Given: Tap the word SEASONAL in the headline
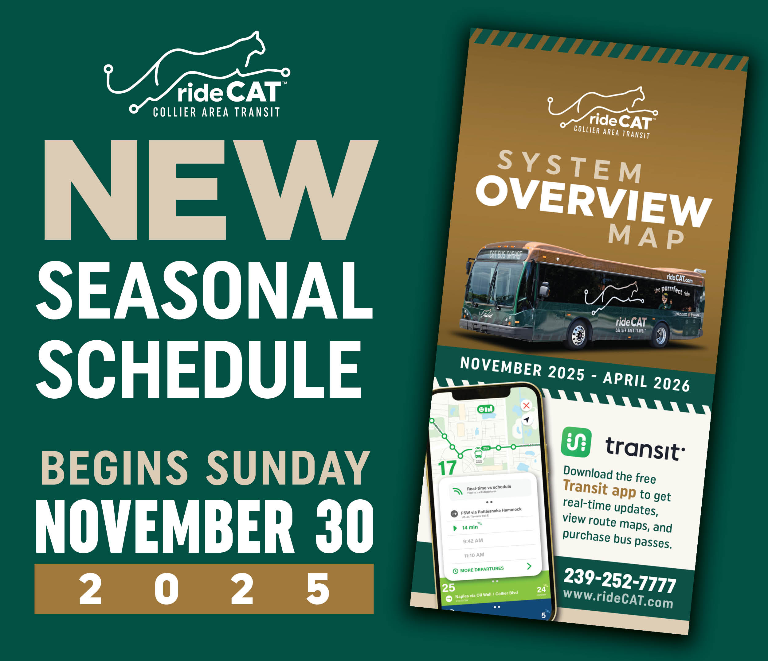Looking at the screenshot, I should point(205,290).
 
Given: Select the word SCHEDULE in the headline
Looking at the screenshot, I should point(199,369).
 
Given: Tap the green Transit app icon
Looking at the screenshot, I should point(576,442).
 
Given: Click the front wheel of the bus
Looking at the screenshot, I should point(578,335).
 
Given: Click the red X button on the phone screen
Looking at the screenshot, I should point(526,405).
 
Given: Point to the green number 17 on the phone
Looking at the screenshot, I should point(447,468).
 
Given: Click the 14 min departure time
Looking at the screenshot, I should point(470,527).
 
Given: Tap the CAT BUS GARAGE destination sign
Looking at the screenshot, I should point(505,254).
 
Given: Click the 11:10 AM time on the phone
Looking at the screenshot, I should point(474,555).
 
